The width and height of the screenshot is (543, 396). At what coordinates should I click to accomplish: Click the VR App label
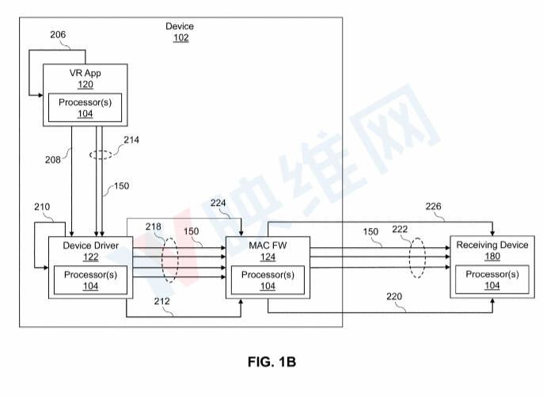pos(85,73)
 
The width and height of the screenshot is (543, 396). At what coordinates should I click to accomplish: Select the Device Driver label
pos(91,246)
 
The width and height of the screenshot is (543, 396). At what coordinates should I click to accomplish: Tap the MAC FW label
pos(268,246)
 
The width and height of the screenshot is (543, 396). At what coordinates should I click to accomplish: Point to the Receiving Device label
pos(492,245)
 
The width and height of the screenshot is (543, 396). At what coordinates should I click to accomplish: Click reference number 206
pos(58,35)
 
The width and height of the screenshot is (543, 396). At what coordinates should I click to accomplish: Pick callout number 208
pos(52,160)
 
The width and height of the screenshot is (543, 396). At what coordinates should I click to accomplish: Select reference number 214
pos(131,140)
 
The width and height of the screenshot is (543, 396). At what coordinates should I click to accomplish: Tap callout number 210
pos(42,207)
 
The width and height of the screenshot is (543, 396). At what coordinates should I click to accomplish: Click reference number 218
pos(153,227)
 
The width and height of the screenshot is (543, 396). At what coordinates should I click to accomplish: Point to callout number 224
pos(218,203)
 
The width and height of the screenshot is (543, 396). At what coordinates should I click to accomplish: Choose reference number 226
pos(433,207)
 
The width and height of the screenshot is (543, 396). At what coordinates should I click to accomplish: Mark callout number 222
pos(400,229)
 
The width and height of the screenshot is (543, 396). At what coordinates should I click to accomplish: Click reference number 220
pos(394,296)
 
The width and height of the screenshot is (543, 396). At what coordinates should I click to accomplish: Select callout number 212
pos(161,302)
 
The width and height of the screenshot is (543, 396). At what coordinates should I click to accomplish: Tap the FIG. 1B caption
pos(271,362)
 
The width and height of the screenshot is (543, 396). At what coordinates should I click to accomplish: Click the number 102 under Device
pos(181,38)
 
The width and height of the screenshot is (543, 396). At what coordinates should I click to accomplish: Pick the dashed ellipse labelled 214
pos(101,150)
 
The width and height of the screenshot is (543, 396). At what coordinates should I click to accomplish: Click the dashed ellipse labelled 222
pos(410,257)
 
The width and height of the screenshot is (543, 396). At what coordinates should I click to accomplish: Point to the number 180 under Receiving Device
pos(492,257)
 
